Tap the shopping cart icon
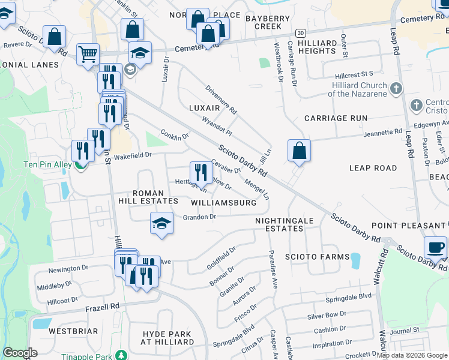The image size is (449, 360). click(x=88, y=54)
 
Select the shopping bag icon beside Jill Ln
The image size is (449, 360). click(x=299, y=151)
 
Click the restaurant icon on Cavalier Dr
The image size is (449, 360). click(x=201, y=173)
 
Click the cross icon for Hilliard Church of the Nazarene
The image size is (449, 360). click(x=396, y=89)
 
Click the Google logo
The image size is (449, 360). click(x=20, y=353)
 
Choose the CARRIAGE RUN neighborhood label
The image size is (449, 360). click(x=336, y=118)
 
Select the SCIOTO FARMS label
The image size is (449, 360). click(x=318, y=257)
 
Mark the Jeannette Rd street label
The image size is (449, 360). click(x=381, y=132)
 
